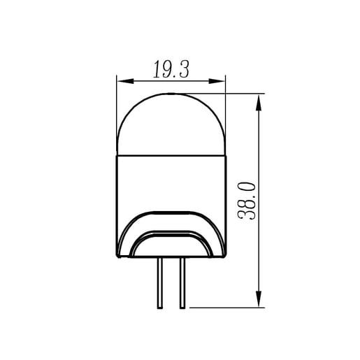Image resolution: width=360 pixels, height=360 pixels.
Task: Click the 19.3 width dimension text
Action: pyautogui.click(x=171, y=69)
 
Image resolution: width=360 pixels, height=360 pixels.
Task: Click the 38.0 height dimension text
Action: pyautogui.click(x=246, y=201)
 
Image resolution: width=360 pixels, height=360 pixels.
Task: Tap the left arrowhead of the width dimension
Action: pyautogui.click(x=125, y=81)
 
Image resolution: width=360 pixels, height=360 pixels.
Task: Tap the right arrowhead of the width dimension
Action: pyautogui.click(x=217, y=81)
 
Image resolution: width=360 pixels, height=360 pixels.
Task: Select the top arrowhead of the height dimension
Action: pyautogui.click(x=259, y=103)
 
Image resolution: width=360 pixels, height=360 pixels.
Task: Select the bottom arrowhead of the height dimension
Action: pyautogui.click(x=259, y=299)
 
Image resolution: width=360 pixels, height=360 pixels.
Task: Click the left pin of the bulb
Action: pyautogui.click(x=160, y=283)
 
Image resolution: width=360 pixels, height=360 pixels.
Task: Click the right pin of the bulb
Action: pyautogui.click(x=182, y=283)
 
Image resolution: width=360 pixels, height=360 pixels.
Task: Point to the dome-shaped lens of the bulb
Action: pyautogui.click(x=171, y=124)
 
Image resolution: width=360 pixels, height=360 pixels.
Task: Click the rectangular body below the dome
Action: pyautogui.click(x=171, y=182)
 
